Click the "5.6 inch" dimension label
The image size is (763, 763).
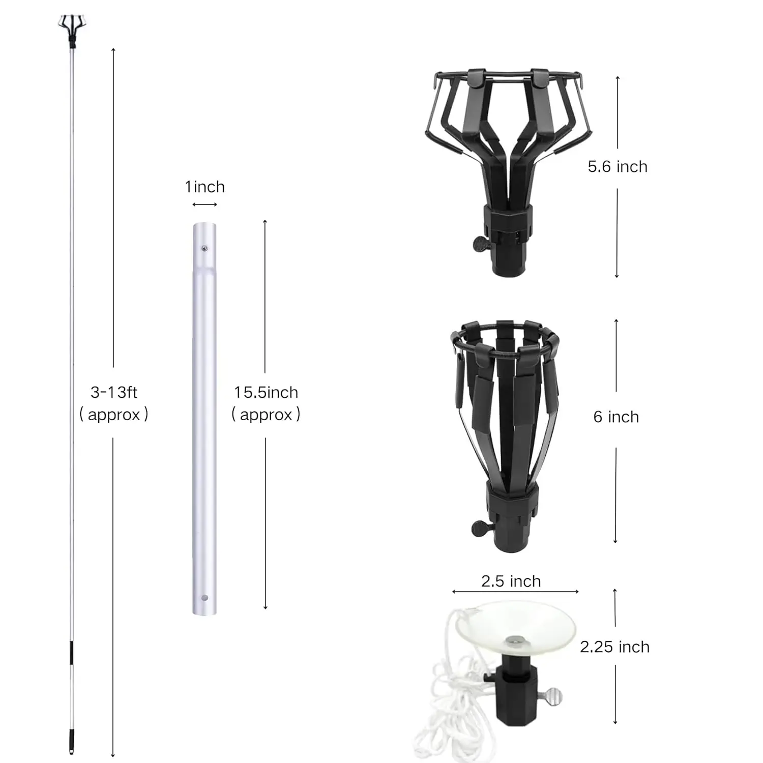point(617,167)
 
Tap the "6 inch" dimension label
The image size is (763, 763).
point(615,417)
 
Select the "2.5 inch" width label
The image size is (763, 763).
point(511,581)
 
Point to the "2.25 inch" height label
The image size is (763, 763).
point(614,647)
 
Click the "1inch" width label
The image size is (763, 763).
point(204,187)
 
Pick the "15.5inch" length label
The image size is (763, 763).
point(266,393)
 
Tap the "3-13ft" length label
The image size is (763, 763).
point(114,393)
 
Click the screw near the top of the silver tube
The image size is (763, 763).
point(204,248)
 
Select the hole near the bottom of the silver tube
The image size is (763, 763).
point(204,598)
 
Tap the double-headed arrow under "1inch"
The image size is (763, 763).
point(204,204)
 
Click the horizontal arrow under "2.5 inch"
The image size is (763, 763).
point(515,592)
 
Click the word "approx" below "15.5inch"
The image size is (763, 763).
point(266,415)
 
